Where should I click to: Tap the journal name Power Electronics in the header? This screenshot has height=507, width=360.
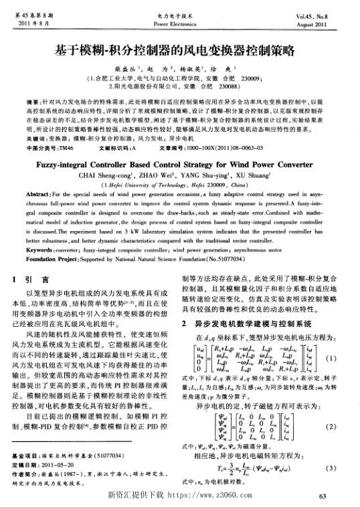pyautogui.click(x=179, y=23)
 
